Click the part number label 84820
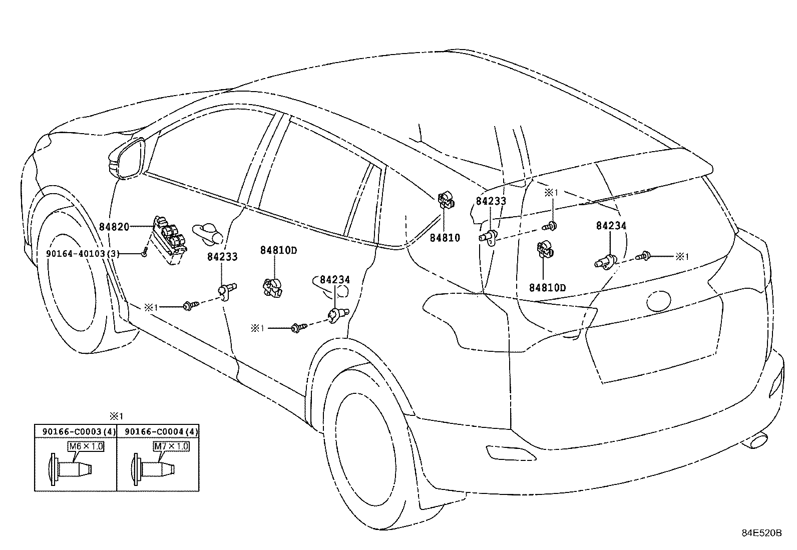113,227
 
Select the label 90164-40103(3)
83,254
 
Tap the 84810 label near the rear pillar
444,238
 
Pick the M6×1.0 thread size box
86,446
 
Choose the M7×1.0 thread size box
171,446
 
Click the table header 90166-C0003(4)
75,431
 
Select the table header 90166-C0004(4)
161,431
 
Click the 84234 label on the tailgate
611,226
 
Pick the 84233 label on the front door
222,257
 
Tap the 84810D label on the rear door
278,250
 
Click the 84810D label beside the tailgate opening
547,288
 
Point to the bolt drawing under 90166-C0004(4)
155,468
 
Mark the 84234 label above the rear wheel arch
335,280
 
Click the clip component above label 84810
446,201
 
